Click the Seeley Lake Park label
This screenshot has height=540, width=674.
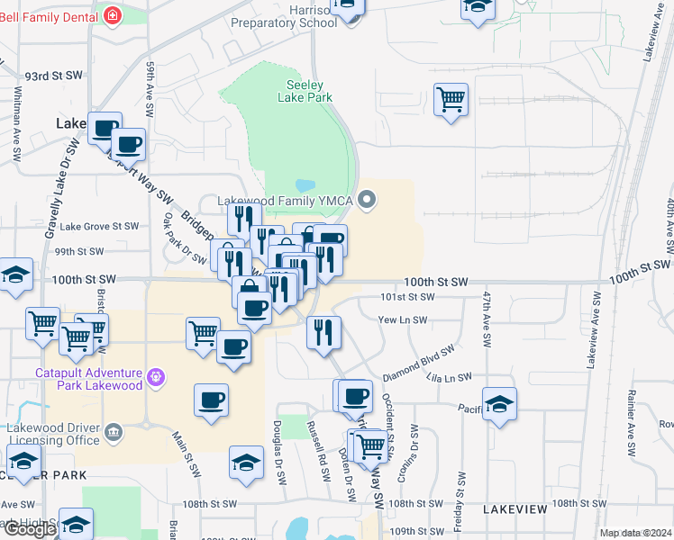[x=298, y=90]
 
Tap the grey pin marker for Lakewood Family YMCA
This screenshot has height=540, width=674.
[x=367, y=200]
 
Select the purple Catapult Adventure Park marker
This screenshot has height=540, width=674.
[x=157, y=376]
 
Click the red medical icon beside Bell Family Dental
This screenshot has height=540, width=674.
[x=113, y=15]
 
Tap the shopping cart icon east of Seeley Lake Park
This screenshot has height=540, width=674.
[x=451, y=99]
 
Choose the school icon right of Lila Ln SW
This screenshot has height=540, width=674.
[x=499, y=405]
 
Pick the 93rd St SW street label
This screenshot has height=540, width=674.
[x=54, y=76]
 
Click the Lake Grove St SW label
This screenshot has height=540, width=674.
[x=99, y=227]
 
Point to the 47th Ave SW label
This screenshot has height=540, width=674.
[x=487, y=319]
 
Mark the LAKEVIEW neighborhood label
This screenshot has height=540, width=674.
[x=515, y=509]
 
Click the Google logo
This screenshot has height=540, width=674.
[x=29, y=529]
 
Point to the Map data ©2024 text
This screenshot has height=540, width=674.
[x=636, y=533]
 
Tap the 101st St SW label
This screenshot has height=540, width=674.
[x=407, y=296]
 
